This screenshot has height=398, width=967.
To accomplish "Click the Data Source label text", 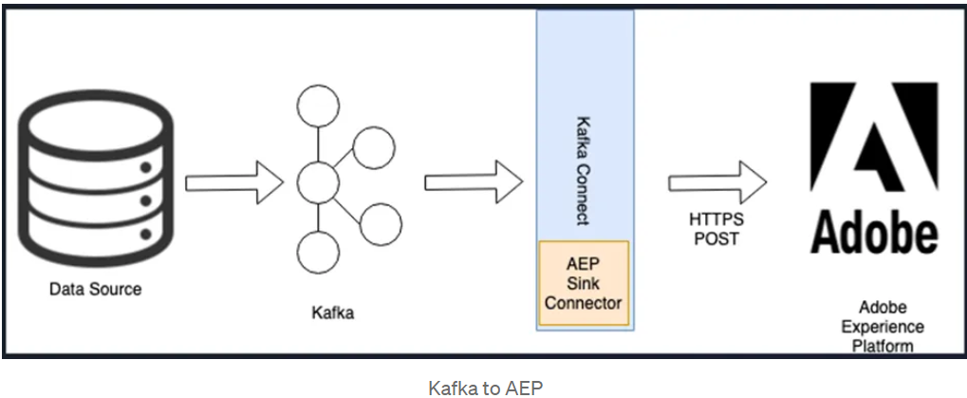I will tap(95, 289).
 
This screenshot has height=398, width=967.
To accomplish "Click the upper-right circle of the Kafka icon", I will tap(373, 147).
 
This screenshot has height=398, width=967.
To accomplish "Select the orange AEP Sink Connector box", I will tap(584, 283).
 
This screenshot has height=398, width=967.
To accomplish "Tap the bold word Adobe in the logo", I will tap(873, 233).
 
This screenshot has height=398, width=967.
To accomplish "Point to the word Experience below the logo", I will tap(882, 327).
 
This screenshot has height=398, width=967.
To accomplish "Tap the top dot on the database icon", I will tap(147, 169).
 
